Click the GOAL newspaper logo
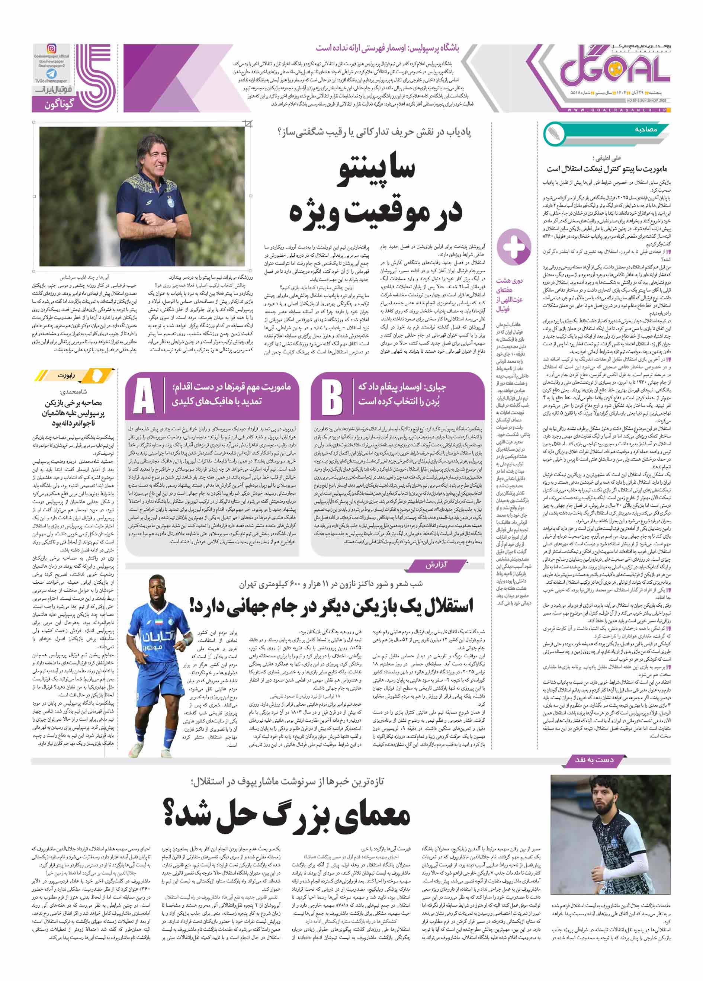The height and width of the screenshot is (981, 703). [614, 70]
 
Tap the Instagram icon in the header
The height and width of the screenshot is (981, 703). [51, 48]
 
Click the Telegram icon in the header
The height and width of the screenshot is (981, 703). [51, 74]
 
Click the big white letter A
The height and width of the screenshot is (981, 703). [144, 396]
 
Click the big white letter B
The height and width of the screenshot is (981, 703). [332, 396]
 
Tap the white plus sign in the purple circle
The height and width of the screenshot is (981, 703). [514, 247]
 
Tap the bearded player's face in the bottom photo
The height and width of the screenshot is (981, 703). [603, 800]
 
